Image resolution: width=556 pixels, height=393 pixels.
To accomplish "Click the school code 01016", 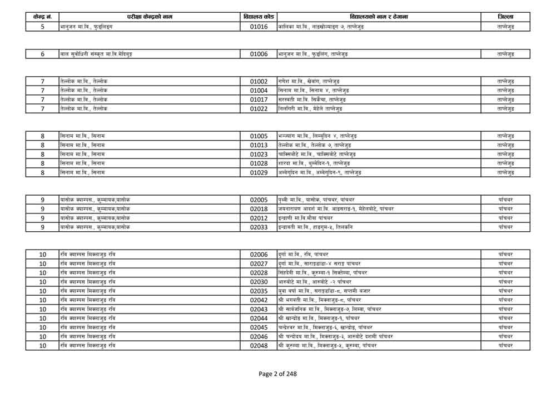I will pos(259,26).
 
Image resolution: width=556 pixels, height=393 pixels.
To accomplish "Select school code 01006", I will pos(259,54).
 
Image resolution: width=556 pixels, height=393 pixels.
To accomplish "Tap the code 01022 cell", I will pos(259,108).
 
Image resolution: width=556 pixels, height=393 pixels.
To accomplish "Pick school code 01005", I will pos(259,136).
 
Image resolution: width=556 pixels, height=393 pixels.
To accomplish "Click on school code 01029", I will pos(259,172).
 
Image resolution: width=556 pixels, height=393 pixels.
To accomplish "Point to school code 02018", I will pos(259,208).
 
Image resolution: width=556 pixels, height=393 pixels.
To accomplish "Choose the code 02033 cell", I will pos(259,227).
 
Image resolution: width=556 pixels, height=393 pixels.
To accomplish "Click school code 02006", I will pos(259,254).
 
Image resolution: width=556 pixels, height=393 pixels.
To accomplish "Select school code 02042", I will pos(259,300).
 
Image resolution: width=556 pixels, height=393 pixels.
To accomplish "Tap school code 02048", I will pos(259,345).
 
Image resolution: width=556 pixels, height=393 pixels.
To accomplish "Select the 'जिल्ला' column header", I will pos(505,17).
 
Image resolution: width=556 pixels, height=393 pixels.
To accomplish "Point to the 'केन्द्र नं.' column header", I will pos(42,17).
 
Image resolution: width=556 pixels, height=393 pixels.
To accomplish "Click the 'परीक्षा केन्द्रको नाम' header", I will pos(150,17).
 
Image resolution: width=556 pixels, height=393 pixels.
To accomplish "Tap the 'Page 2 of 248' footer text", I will pos(277,374).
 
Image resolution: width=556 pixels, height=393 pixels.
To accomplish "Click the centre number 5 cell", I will pos(42,26).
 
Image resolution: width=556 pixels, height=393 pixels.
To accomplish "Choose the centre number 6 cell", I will pos(42,54).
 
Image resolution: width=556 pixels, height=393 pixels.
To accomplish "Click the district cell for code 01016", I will pos(505,26).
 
